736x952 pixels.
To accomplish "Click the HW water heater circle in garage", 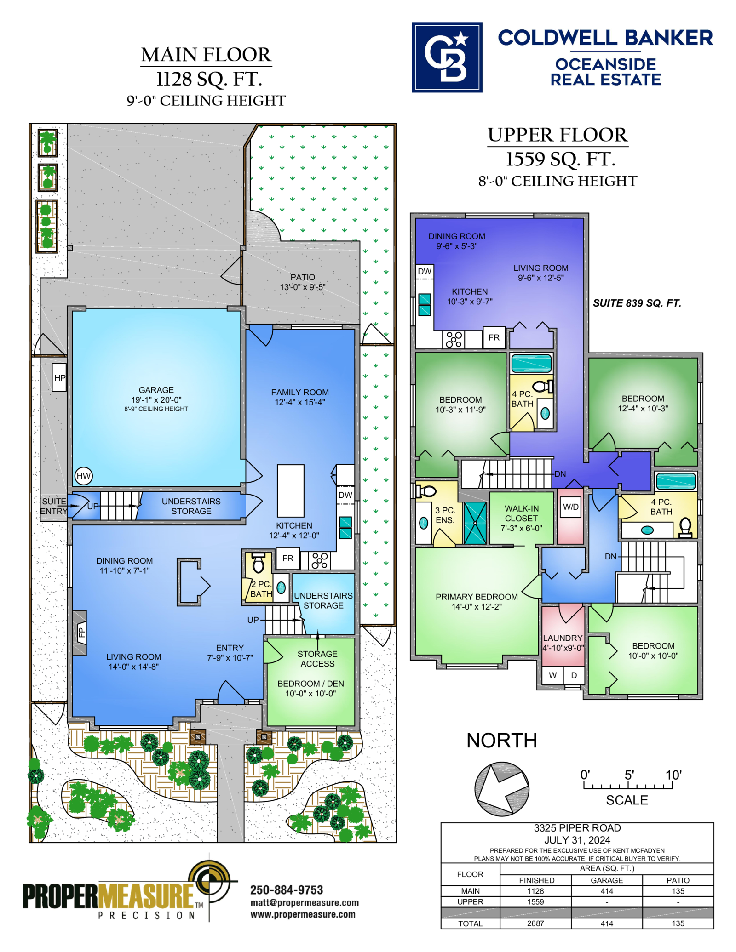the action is (83, 476).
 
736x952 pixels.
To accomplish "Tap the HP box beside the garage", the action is (59, 377).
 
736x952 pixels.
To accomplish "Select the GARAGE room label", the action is (156, 390).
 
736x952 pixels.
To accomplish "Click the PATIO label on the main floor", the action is (303, 277).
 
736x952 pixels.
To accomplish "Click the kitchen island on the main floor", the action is (290, 491).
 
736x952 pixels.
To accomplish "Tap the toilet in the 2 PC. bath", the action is (259, 563).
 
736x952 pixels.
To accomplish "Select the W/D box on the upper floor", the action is (570, 507).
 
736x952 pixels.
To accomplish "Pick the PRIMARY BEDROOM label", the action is (477, 597).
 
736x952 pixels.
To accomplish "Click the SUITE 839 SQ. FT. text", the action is (637, 303).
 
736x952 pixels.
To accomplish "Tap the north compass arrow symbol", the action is (502, 789).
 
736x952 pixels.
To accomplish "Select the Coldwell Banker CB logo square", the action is (447, 57).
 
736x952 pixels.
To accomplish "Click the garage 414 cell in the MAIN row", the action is (606, 891).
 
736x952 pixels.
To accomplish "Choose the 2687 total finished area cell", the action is (535, 923).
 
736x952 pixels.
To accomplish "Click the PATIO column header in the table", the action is (678, 880).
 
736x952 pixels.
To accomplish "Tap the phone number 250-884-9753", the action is (287, 890).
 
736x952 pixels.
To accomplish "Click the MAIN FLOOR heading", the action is (206, 55).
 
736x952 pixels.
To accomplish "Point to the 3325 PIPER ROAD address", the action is (577, 828).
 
